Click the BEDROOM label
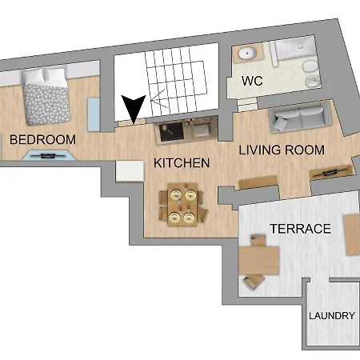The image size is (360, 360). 42,140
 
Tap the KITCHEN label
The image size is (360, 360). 182,163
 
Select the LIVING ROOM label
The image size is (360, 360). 282,150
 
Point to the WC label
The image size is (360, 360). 252,81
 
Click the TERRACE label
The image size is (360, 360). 300,229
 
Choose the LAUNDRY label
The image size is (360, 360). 332,316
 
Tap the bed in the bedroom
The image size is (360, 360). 46,97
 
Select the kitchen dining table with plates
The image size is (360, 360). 182,204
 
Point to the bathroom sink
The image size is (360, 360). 247,54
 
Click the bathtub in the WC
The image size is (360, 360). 294,49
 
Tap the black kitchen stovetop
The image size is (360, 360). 171,132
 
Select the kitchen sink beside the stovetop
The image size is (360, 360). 202,129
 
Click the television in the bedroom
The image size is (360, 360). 49,155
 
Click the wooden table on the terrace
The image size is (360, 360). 259,260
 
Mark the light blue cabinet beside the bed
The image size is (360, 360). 94,114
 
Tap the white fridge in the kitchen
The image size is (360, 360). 130,171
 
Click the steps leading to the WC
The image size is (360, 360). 247,104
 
